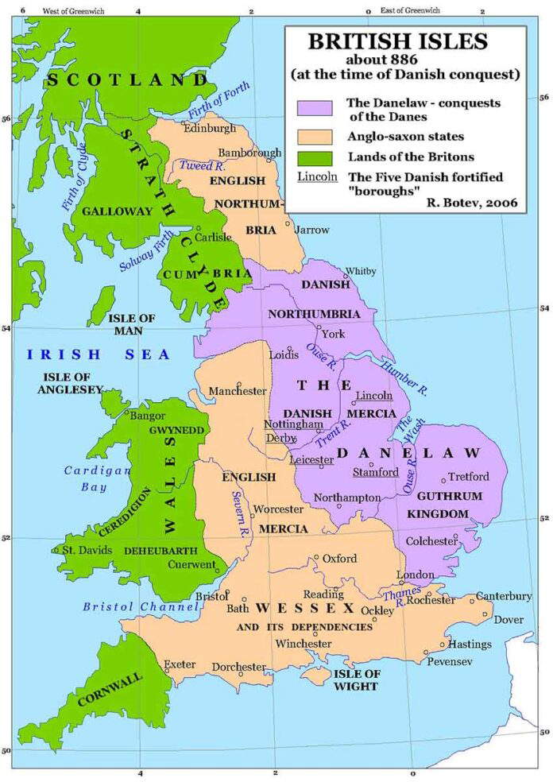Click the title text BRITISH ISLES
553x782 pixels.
404,41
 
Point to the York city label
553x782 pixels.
334,334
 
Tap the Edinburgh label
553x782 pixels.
210,129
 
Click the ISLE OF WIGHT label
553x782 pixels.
358,680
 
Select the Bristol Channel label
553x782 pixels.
141,607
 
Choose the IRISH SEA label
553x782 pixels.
97,354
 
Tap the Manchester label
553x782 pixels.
238,391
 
